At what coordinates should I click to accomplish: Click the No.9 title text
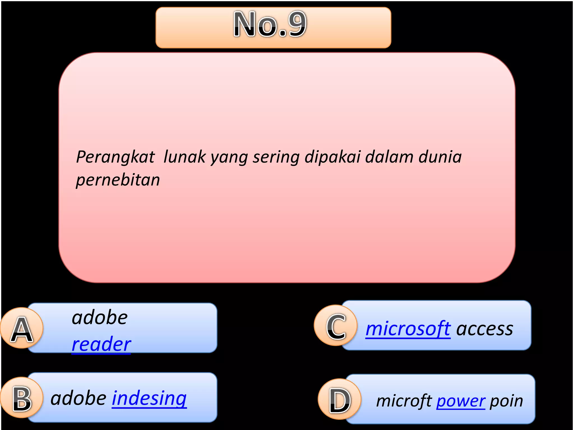click(270, 24)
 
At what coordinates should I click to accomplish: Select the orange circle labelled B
click(22, 398)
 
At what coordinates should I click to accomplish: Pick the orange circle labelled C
click(335, 326)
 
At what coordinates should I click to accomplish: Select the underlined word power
click(460, 401)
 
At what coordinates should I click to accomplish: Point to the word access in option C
click(485, 329)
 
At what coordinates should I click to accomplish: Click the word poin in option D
click(506, 401)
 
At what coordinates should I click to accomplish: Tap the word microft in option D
click(404, 401)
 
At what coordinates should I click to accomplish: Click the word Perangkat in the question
click(115, 157)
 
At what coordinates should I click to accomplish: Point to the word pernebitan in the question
click(118, 180)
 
